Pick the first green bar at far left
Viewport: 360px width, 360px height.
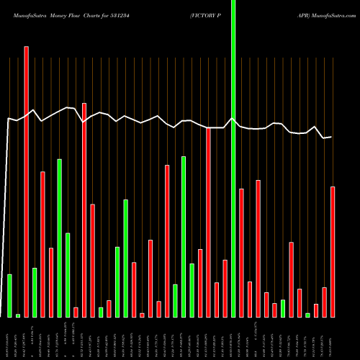(9, 295)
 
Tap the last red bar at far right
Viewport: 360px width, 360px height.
(333, 251)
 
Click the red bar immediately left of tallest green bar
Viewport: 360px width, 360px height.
(225, 288)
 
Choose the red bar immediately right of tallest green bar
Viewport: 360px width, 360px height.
(241, 252)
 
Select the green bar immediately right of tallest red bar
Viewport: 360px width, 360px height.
(35, 292)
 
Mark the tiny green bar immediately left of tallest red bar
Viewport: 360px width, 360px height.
(18, 315)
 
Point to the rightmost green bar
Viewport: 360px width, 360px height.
(307, 315)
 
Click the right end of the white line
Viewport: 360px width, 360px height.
(331, 137)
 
